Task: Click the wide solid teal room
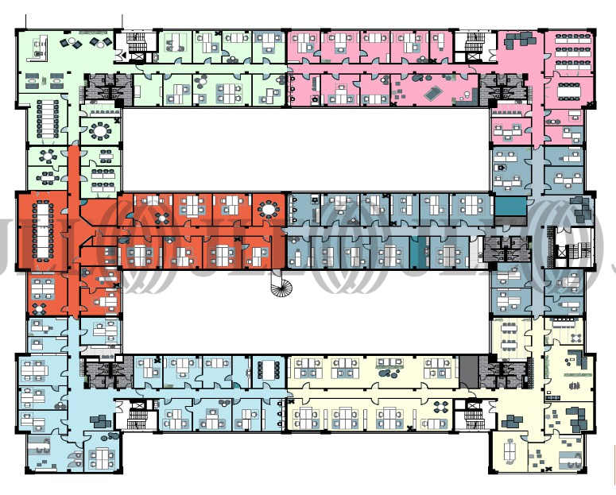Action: point(510,206)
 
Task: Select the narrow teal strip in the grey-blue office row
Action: point(416,252)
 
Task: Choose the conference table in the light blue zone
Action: point(265,369)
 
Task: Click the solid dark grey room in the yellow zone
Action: point(469,369)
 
